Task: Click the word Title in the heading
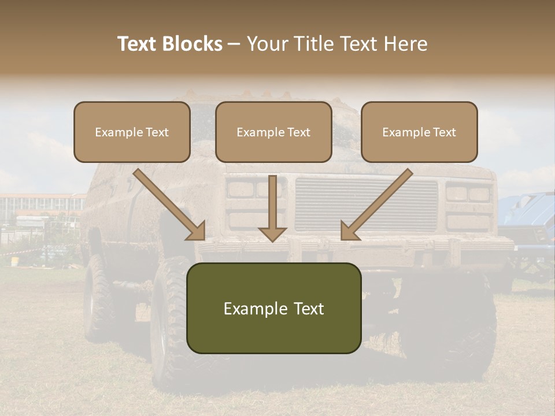(312, 44)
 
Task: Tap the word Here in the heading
(405, 44)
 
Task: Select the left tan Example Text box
(132, 132)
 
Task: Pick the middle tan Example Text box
(273, 132)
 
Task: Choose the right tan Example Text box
(419, 132)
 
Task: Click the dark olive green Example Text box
(273, 308)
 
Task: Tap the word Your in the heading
(267, 44)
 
